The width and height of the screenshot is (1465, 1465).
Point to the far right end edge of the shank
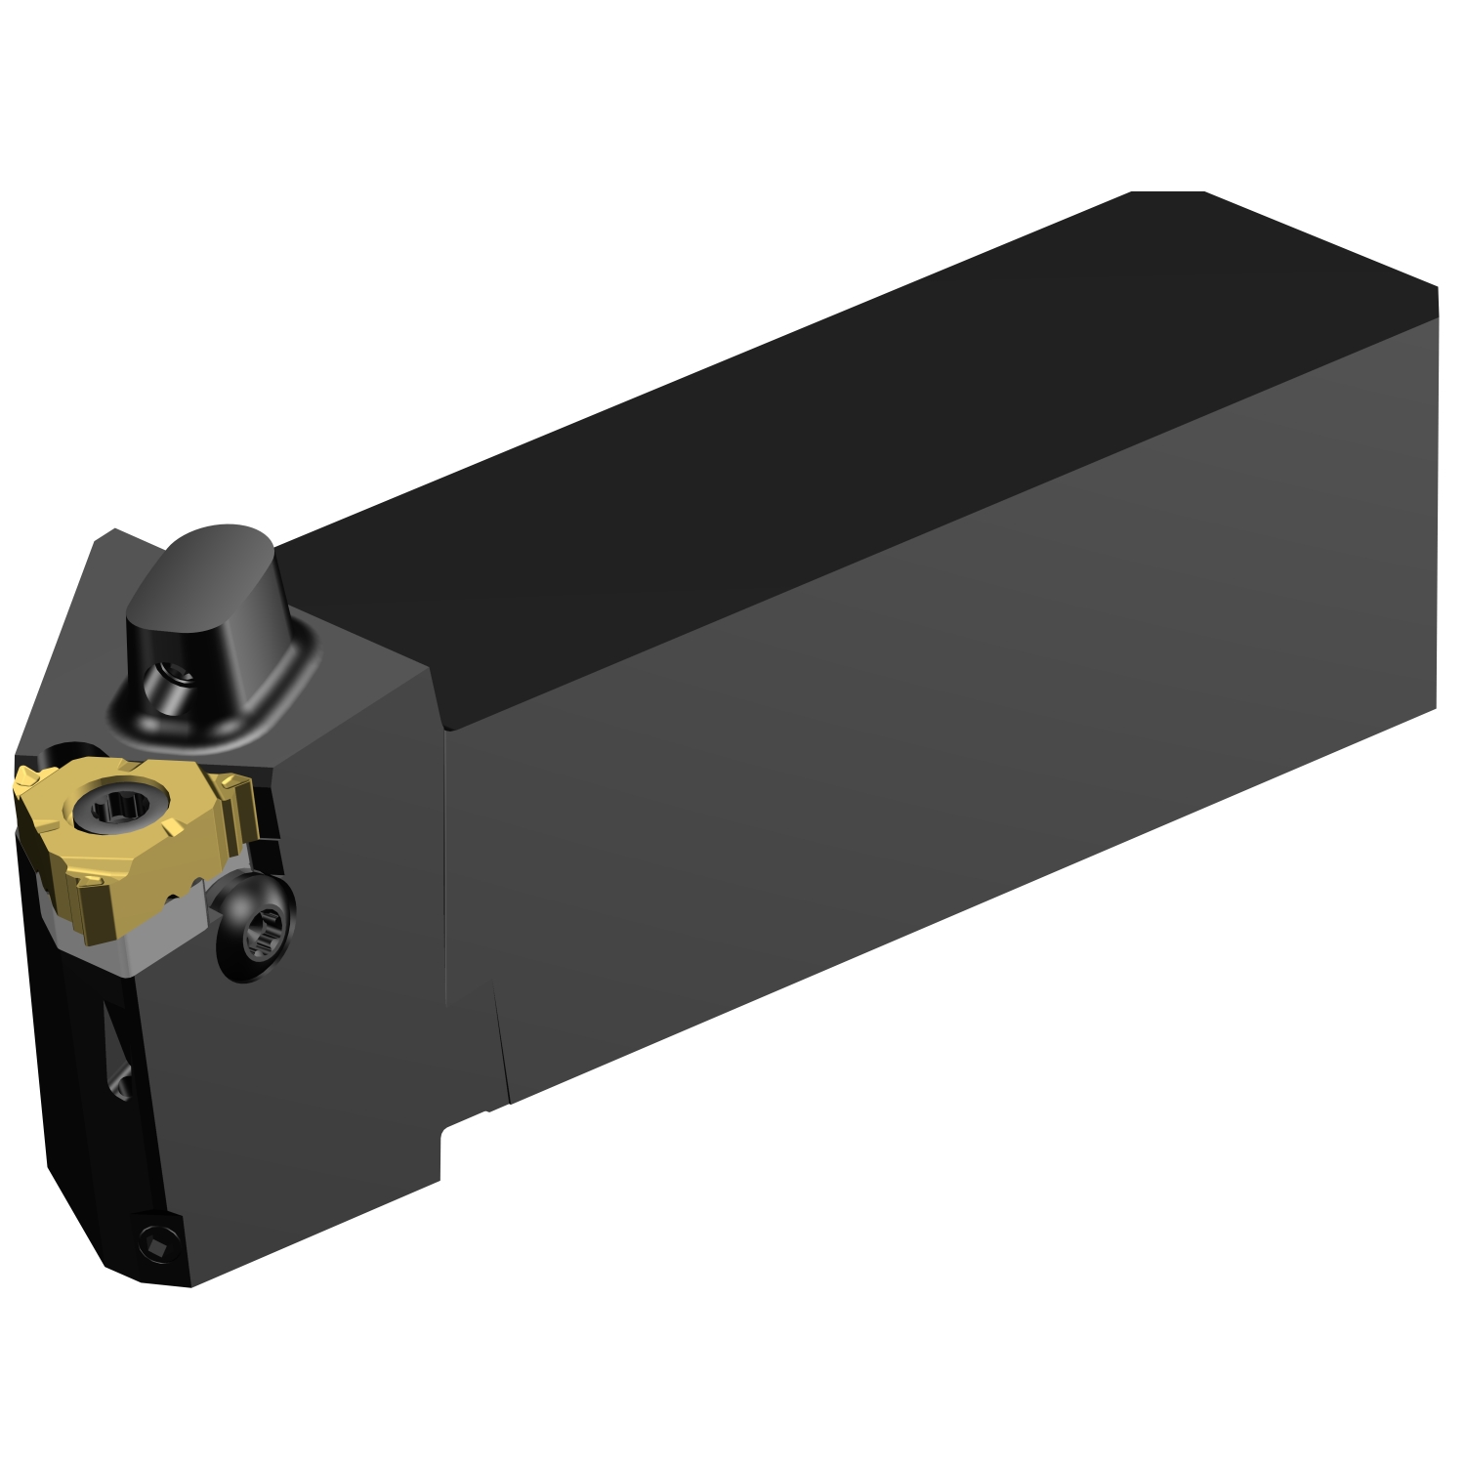coord(1436,498)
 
